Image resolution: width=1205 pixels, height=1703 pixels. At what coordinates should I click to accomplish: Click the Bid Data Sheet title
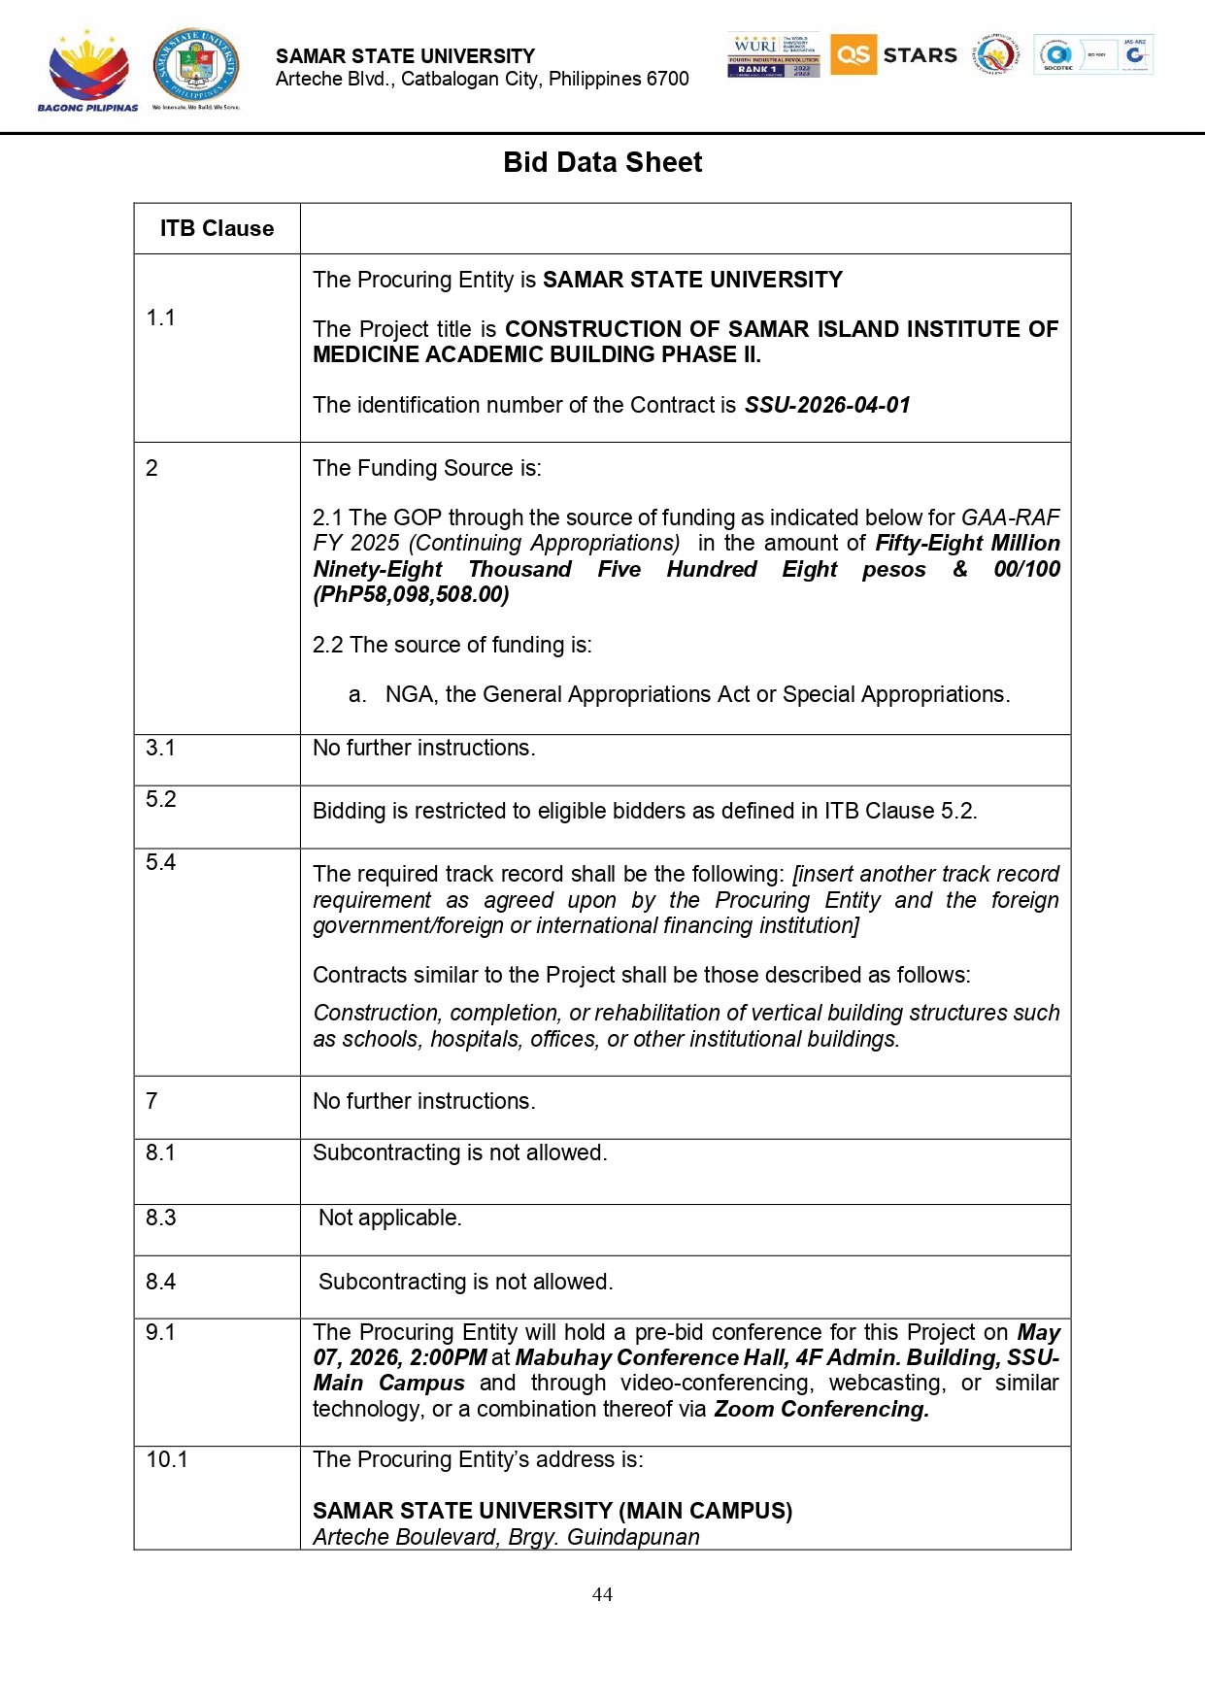602,162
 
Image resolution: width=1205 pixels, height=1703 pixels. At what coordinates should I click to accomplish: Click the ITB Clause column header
217,228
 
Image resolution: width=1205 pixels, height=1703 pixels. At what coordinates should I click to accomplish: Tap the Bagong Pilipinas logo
87,71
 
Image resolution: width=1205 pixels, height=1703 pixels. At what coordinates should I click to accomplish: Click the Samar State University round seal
197,65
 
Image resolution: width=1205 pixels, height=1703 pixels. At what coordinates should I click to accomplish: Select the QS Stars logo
893,54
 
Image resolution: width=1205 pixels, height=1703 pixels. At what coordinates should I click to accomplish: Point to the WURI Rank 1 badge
773,54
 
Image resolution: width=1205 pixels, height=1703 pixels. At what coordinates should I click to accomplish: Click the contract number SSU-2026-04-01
827,405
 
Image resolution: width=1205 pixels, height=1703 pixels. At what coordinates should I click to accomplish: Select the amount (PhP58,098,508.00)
411,594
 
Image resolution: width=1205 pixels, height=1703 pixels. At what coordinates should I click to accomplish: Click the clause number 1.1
160,317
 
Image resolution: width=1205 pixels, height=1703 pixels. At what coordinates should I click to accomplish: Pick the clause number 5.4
160,862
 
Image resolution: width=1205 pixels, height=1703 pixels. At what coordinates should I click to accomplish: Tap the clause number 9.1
160,1332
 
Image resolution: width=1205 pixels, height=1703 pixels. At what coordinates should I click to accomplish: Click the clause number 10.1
167,1459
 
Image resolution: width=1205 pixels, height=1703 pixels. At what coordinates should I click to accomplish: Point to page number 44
602,1594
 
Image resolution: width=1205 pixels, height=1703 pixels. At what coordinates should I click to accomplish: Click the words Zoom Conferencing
821,1409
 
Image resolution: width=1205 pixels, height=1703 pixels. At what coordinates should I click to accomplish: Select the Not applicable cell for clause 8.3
390,1218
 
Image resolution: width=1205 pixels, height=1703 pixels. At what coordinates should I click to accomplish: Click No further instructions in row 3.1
423,748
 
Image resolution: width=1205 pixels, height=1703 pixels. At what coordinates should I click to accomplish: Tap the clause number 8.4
160,1282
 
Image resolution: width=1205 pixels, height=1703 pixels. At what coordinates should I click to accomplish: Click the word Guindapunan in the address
633,1537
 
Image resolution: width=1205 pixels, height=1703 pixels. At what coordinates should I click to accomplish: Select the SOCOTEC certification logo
1057,54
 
